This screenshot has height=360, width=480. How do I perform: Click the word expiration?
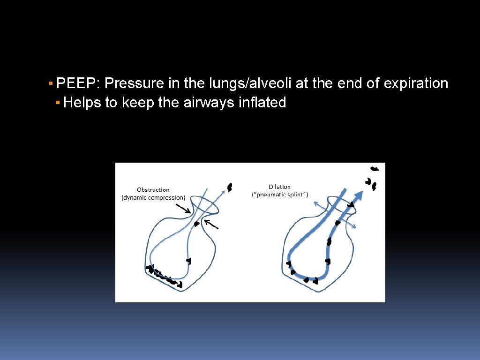tap(416, 83)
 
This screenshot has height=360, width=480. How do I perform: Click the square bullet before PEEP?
tap(51, 83)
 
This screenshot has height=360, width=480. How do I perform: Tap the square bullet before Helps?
tap(57, 102)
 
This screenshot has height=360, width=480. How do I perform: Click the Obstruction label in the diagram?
tap(153, 190)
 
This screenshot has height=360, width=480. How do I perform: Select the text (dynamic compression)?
tap(153, 198)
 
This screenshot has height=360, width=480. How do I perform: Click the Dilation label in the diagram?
tap(279, 187)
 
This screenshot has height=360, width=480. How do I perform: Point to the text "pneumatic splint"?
tap(280, 195)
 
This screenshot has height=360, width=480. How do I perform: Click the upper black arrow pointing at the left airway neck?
tap(184, 208)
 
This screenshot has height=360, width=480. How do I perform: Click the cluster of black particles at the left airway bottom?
tap(162, 275)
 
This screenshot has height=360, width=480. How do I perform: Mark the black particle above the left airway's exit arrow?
tap(230, 187)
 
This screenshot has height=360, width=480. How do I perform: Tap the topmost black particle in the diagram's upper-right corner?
tap(375, 168)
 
